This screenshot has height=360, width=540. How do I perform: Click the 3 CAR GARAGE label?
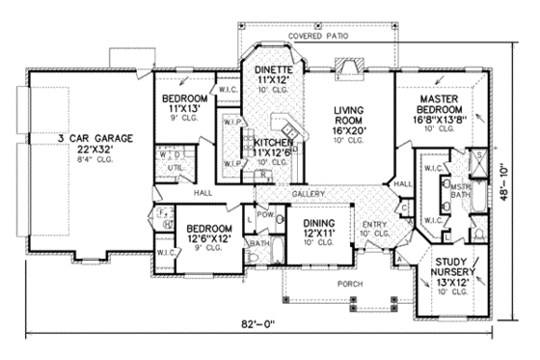[x=93, y=138]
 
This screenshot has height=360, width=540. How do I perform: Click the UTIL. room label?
[x=176, y=168]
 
